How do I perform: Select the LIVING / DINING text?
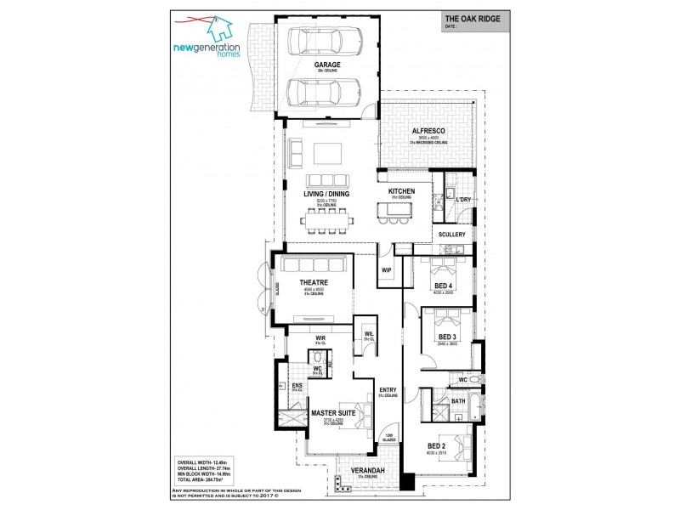coord(326,194)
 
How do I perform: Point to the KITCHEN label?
coord(401,192)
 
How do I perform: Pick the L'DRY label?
coord(463,200)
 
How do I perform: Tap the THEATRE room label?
coord(314,282)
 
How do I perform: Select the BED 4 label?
coord(443,286)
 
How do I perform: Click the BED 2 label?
coord(437,445)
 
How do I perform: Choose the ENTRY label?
coord(388,390)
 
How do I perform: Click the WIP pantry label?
coord(386,270)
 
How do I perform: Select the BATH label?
coord(457,400)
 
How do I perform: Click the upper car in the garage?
coord(327,40)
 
